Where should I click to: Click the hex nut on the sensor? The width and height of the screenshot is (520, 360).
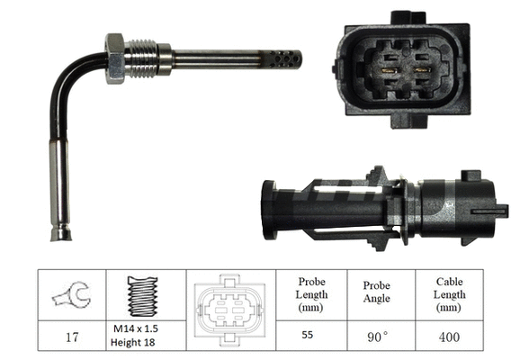(x=114, y=58)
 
